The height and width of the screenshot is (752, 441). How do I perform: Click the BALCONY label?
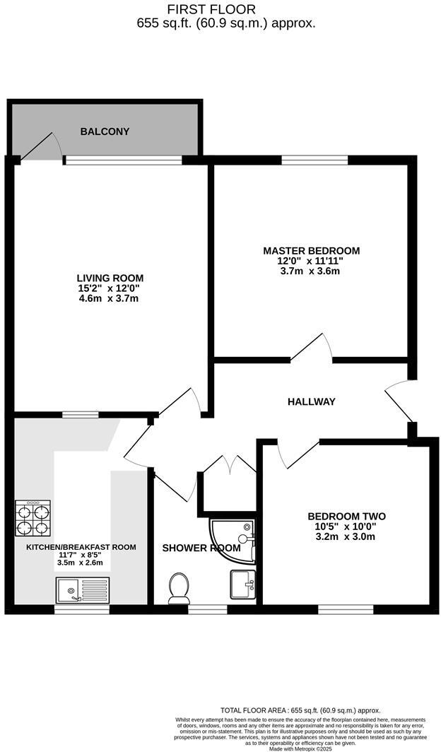[105, 131]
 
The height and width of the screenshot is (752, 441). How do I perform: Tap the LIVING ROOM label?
[110, 278]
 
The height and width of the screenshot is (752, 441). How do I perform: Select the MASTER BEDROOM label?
[311, 251]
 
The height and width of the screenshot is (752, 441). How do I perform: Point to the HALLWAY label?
[311, 401]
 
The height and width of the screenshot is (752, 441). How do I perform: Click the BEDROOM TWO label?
[346, 516]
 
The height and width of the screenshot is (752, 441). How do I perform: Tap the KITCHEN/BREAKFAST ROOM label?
[81, 547]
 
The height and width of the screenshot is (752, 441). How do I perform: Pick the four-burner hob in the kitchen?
[33, 519]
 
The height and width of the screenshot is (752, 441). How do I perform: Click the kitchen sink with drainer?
[83, 589]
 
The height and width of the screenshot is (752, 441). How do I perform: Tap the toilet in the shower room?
[178, 588]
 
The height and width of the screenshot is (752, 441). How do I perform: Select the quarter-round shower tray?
[231, 541]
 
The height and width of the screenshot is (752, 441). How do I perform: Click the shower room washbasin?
[242, 584]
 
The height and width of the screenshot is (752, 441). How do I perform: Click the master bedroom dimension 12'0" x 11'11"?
[311, 261]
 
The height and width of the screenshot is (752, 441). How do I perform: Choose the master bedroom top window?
[314, 160]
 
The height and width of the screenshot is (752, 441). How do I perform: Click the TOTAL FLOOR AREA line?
[300, 710]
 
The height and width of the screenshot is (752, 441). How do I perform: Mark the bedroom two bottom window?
[346, 609]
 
